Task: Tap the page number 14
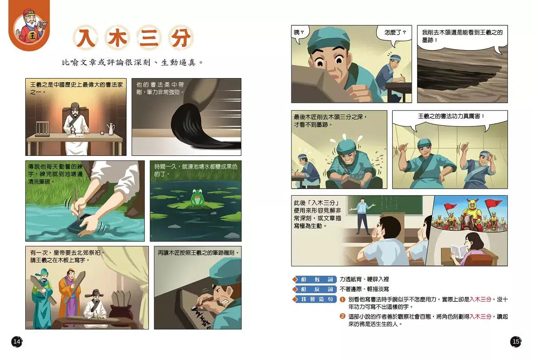(x=16, y=341)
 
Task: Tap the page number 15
(x=516, y=341)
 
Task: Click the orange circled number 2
(x=342, y=316)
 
